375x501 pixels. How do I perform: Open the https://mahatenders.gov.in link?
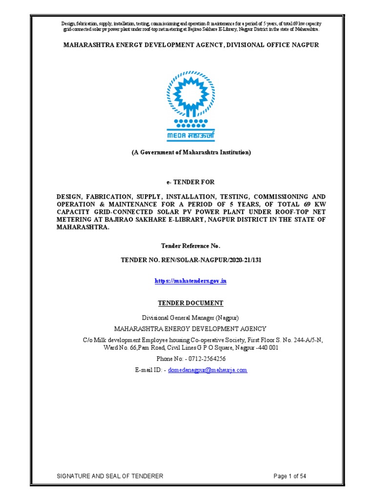(x=191, y=281)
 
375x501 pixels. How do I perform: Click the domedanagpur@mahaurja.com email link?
(x=208, y=370)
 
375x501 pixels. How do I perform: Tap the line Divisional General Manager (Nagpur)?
(x=191, y=318)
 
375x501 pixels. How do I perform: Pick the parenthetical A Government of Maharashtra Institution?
(x=191, y=152)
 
